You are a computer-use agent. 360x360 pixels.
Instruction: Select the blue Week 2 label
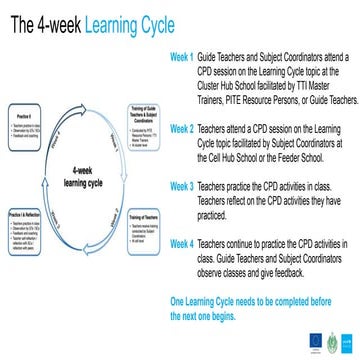[181, 129]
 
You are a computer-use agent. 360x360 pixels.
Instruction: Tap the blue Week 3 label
[181, 186]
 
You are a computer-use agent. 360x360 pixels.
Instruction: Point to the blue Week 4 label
[181, 243]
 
